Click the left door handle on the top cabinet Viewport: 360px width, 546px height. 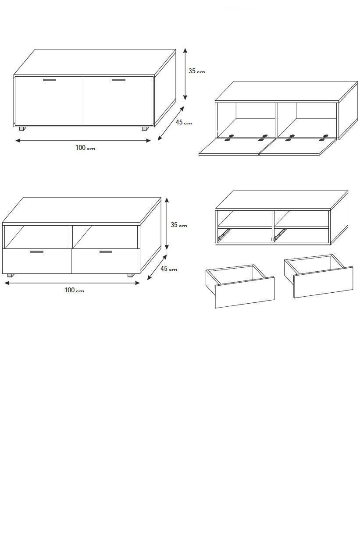(x=50, y=80)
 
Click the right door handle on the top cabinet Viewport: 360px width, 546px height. (x=118, y=80)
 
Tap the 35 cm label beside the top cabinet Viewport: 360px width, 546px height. (x=197, y=71)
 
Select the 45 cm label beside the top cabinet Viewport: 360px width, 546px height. (x=184, y=122)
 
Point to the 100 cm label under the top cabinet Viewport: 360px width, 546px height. (x=86, y=148)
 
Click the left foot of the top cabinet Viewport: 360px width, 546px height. (x=22, y=128)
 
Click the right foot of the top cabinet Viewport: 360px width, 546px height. (x=144, y=128)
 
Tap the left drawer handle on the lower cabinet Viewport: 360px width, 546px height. (x=37, y=252)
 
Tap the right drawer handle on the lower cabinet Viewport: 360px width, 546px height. (x=106, y=252)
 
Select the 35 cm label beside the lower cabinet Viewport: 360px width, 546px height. (x=179, y=225)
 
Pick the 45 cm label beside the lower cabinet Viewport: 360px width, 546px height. (x=169, y=268)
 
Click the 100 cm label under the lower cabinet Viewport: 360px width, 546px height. (x=75, y=290)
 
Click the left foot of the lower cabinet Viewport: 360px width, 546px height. (x=11, y=275)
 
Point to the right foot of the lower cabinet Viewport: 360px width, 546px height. (x=131, y=275)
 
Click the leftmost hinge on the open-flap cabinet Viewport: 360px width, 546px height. (x=229, y=138)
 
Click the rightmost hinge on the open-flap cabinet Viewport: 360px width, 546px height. (x=324, y=138)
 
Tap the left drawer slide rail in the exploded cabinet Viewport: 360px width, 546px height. (x=224, y=234)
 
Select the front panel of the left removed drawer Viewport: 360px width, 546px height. (x=245, y=292)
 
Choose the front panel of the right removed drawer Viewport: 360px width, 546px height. (x=323, y=282)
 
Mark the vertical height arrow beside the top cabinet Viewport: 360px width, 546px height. (x=185, y=74)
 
